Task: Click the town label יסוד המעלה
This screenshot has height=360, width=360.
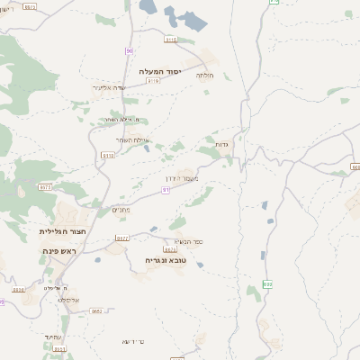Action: (x=161, y=70)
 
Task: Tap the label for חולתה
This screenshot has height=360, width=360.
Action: (x=204, y=76)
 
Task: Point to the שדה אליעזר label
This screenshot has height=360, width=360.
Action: (x=108, y=88)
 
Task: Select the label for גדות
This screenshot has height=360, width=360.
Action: (x=221, y=144)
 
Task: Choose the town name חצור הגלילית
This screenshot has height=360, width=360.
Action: (x=61, y=231)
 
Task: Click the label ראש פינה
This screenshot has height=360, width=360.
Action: (x=61, y=250)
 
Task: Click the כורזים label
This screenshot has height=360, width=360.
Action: (x=133, y=341)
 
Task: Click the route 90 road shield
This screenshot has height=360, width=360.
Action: (x=130, y=50)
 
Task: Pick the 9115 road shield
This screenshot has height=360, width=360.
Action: (x=171, y=40)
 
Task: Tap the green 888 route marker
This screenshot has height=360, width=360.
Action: (x=267, y=283)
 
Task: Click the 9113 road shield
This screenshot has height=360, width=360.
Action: (x=108, y=155)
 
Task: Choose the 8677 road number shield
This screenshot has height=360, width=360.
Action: (x=123, y=238)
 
